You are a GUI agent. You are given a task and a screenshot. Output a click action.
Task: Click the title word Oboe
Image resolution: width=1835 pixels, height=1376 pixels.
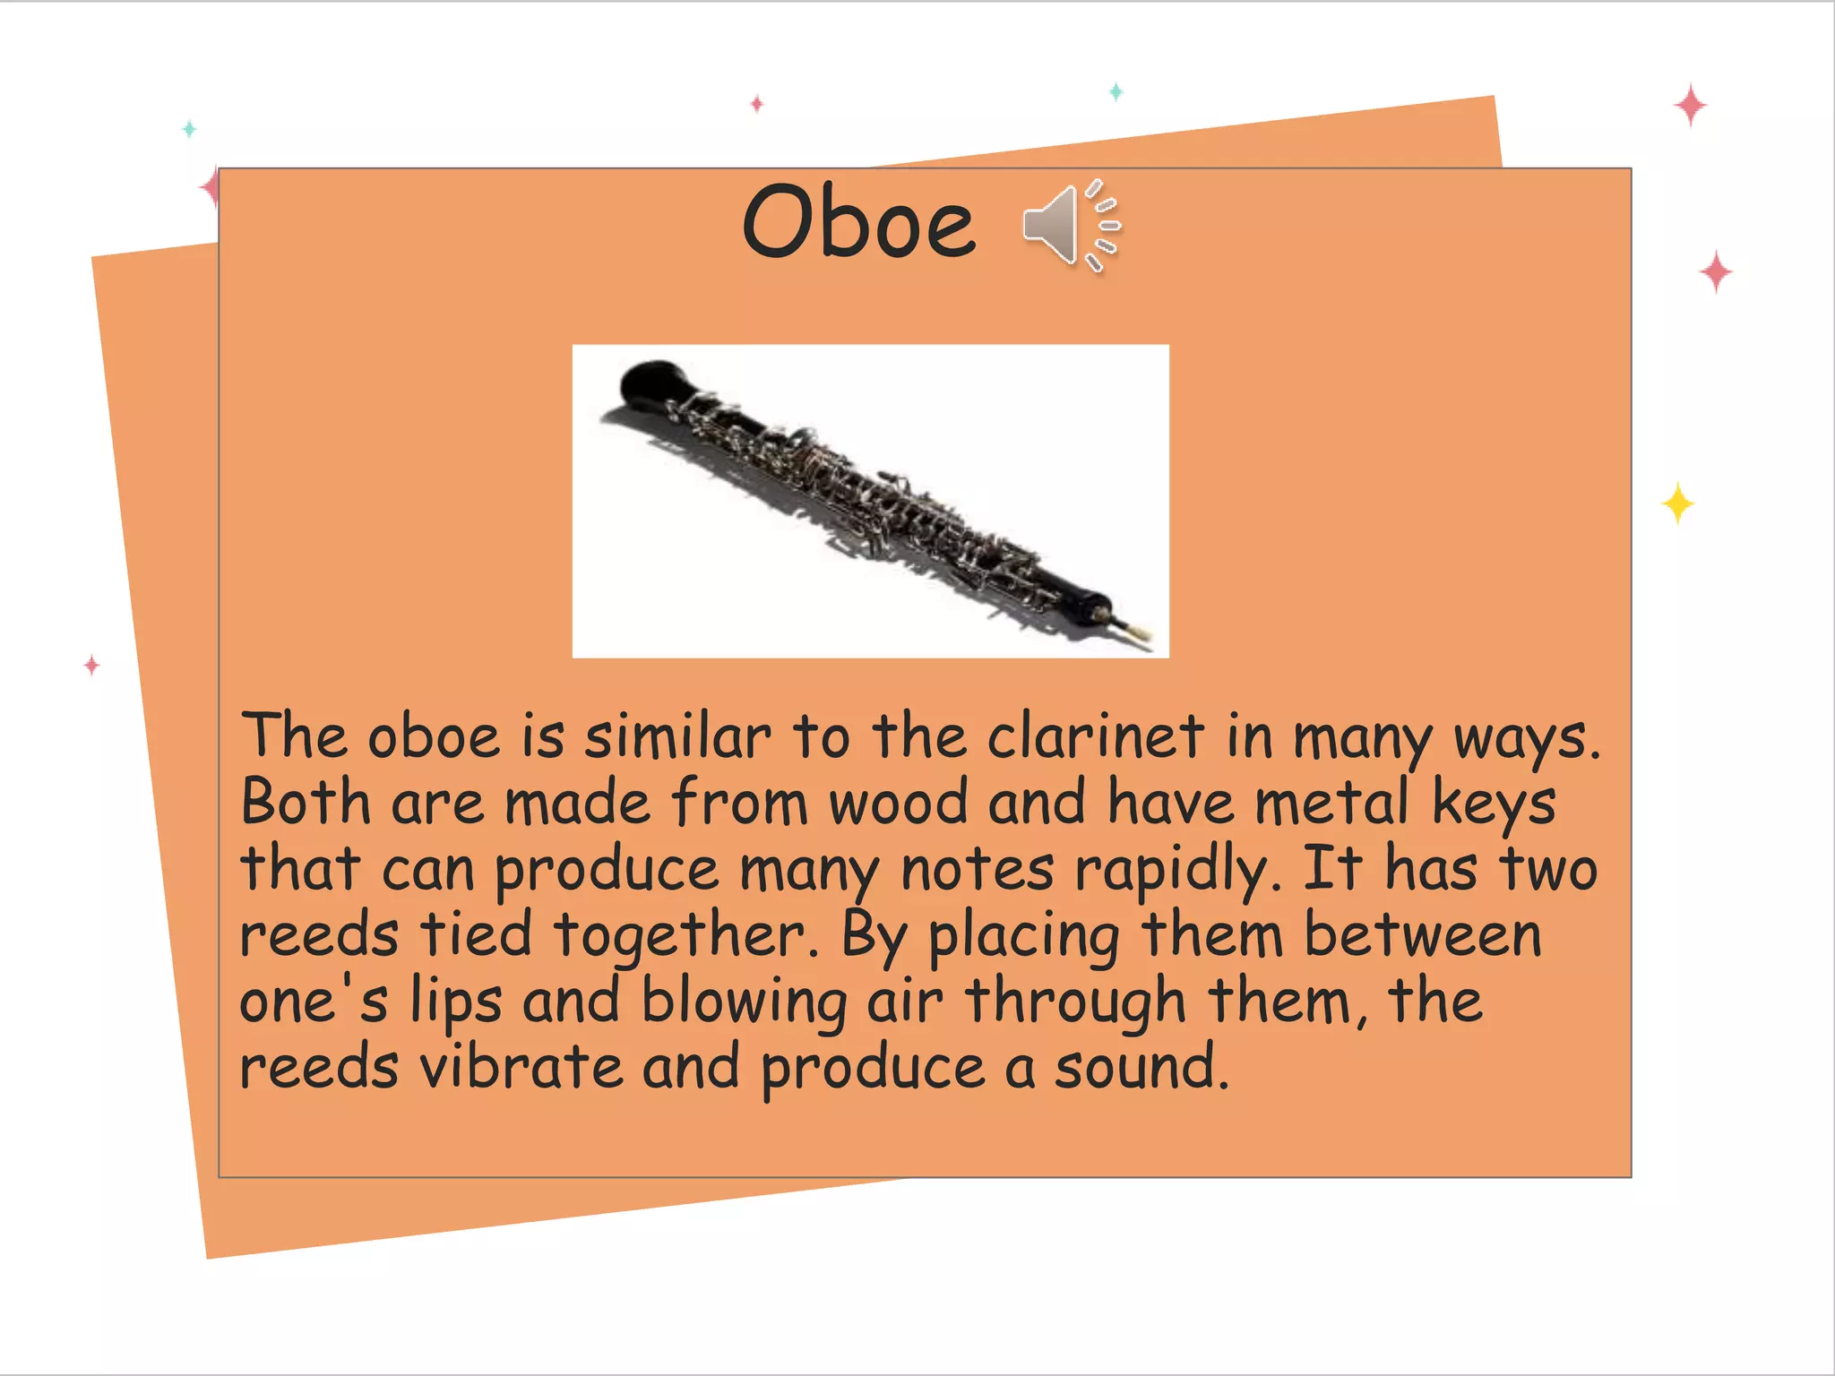[858, 222]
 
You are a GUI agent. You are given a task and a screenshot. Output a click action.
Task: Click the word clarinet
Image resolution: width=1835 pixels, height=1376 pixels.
[1095, 736]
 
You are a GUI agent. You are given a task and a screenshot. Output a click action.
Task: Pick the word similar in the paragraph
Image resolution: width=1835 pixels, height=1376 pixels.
[677, 736]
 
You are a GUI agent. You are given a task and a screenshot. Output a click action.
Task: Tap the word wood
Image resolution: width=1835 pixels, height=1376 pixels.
[898, 803]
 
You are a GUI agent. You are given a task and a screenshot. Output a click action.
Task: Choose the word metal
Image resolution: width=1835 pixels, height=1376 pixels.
[1331, 803]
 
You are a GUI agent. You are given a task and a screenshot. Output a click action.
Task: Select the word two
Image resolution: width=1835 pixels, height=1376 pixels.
[1548, 869]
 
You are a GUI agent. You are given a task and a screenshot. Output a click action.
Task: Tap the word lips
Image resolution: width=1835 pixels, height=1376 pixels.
[455, 1002]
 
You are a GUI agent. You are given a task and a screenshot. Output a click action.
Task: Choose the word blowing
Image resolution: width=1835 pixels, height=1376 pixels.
[744, 1002]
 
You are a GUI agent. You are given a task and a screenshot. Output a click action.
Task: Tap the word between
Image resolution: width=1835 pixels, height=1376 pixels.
[1423, 935]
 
